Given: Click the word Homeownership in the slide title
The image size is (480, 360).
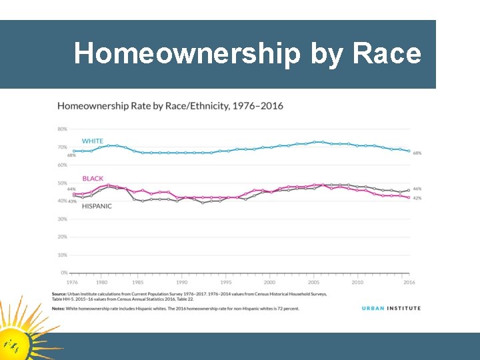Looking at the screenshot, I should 187,54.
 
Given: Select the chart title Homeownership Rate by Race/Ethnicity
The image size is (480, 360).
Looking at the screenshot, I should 170,106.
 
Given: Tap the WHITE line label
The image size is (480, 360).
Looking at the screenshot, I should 93,141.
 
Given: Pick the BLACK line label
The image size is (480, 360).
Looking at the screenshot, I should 93,179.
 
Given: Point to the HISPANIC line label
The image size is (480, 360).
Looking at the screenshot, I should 97,206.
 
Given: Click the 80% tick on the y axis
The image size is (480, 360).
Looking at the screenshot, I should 62,129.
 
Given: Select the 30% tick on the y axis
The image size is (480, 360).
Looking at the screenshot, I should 62,219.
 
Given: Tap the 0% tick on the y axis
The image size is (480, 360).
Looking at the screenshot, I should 63,273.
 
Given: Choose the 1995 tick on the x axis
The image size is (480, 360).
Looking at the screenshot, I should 225,283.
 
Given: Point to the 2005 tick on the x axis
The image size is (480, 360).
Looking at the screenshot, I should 313,283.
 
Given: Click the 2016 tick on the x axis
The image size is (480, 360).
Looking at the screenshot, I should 409,283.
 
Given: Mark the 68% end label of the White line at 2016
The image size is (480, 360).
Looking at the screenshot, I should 417,153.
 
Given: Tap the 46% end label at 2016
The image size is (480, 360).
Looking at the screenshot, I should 417,189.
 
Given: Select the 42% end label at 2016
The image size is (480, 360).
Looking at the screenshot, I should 417,199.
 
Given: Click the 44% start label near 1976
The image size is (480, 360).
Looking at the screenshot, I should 71,189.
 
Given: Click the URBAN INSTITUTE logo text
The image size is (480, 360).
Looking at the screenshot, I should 391,308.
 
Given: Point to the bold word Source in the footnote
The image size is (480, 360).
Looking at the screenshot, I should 61,294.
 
